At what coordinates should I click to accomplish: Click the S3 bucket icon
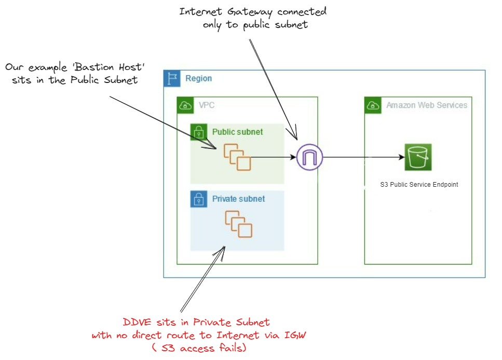(418, 157)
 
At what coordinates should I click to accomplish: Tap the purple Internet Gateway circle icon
(309, 157)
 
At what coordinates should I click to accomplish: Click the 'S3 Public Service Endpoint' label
(419, 185)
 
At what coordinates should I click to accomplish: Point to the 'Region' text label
(198, 78)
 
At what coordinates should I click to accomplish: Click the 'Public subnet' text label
(237, 132)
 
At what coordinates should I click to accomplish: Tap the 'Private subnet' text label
(238, 199)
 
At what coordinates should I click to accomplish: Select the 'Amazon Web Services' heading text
(426, 105)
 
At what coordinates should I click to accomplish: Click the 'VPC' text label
(206, 105)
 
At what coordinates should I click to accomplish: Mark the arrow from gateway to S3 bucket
(363, 157)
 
